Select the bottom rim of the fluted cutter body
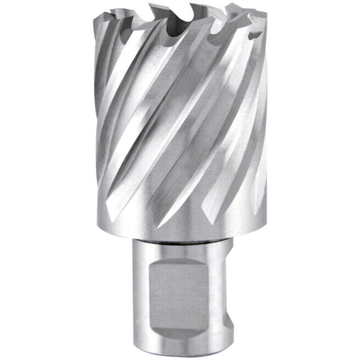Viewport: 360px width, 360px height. point(180,235)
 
